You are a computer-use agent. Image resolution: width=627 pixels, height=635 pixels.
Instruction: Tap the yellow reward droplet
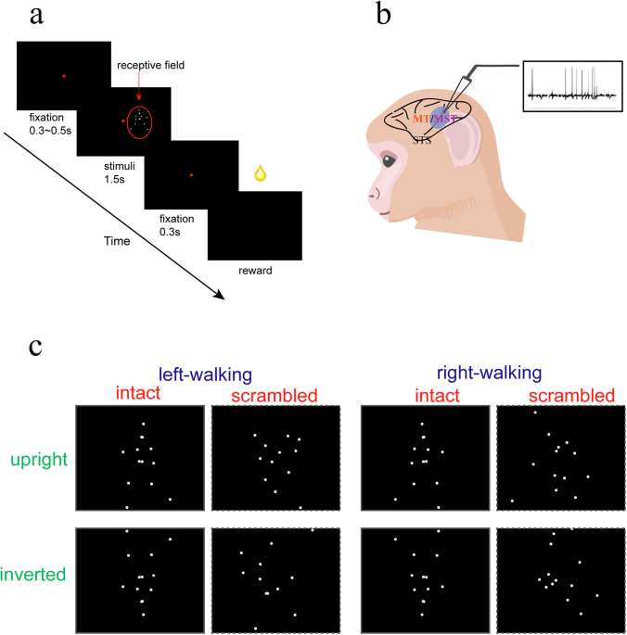coord(262,174)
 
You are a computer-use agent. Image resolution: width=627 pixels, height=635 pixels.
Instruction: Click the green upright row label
coord(38,459)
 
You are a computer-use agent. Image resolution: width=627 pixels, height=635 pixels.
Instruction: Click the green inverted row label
coord(37,576)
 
